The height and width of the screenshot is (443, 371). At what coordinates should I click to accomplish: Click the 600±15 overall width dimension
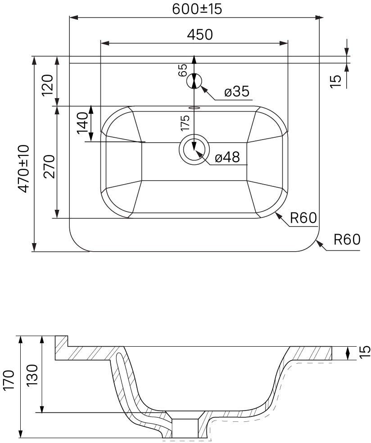point(197,9)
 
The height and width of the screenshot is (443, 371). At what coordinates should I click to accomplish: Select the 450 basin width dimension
point(200,35)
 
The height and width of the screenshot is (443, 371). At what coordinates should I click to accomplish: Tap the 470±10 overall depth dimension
point(23,169)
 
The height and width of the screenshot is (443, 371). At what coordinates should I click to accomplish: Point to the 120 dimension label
point(47,85)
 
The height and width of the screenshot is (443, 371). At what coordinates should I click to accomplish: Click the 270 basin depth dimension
point(49,167)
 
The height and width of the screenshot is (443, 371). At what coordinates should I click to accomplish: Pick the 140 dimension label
point(82,123)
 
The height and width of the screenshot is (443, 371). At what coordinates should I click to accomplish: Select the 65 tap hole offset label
point(183,70)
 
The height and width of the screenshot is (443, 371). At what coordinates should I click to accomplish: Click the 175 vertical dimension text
point(185,122)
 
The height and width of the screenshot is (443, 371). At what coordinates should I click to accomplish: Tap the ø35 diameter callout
point(237,91)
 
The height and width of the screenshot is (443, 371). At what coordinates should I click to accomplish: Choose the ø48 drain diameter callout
point(227,157)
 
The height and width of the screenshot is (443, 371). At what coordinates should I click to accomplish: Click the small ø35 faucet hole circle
point(194,81)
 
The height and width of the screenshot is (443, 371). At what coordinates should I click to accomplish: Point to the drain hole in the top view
point(194,149)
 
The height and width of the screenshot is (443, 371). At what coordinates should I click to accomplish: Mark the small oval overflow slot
point(195,107)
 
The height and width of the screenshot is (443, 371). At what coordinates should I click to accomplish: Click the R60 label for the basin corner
point(303,218)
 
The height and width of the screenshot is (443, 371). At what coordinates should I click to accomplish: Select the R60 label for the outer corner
point(347,240)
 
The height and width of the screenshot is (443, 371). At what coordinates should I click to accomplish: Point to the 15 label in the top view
point(336,81)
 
